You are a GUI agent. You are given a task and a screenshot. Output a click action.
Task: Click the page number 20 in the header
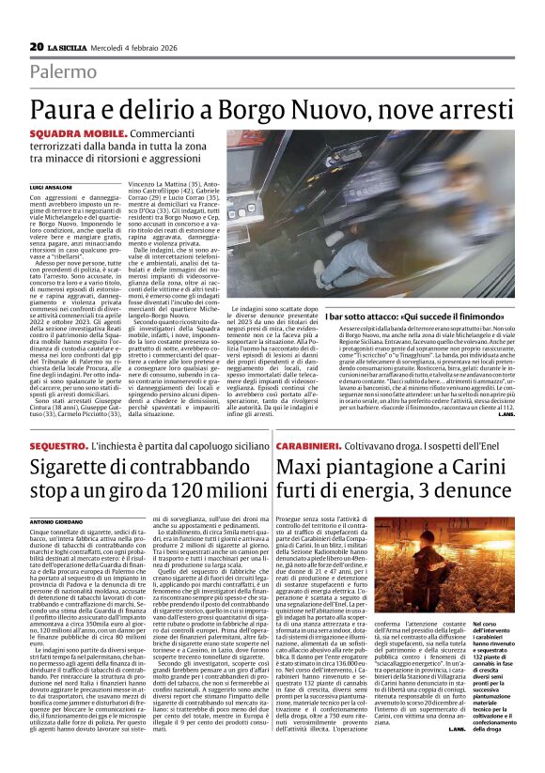coord(37,46)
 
